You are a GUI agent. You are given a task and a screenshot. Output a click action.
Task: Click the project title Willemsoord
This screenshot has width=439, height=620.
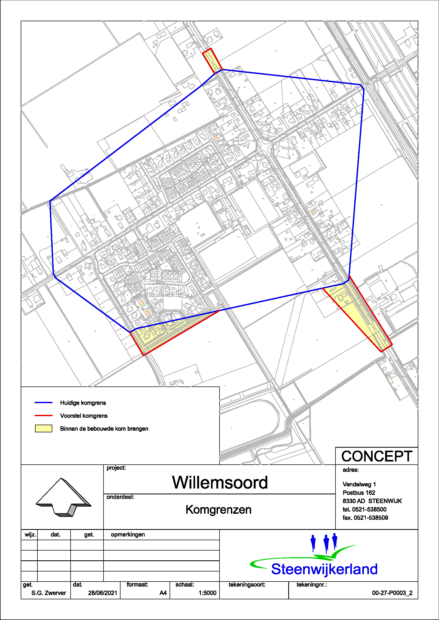[x=220, y=482]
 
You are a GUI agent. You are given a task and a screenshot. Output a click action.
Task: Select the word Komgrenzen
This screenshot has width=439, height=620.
[x=218, y=510]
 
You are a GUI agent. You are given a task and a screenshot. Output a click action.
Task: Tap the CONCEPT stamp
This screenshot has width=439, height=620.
[x=377, y=457]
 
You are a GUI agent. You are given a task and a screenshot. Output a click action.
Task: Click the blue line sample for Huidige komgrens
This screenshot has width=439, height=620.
[x=44, y=403]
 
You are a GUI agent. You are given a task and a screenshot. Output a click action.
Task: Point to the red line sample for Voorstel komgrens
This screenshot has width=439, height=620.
[x=44, y=416]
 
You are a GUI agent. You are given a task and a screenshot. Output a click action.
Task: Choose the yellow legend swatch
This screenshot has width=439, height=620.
[x=44, y=429]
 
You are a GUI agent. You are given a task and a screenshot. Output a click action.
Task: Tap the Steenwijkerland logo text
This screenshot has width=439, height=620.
[x=324, y=569]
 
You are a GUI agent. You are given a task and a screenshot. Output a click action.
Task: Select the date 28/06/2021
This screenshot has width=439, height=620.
[x=102, y=593]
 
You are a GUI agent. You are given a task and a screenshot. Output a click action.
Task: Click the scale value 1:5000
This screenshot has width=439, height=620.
[x=207, y=593]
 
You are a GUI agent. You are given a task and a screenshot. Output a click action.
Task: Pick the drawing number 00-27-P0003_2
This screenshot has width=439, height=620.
[x=392, y=593]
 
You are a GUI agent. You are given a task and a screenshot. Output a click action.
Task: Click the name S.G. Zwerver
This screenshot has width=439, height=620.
[x=49, y=593]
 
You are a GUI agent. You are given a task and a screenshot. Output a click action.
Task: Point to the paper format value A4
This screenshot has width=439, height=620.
[x=163, y=593]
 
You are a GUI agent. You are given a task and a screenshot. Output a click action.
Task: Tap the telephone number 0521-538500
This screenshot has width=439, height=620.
[x=369, y=509]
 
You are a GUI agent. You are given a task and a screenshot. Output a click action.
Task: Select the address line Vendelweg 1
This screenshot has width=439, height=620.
[x=359, y=484]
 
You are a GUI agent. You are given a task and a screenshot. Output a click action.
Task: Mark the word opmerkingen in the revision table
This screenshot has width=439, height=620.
[x=128, y=535]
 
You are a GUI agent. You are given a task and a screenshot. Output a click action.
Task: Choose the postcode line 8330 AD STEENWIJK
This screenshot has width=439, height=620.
[x=372, y=501]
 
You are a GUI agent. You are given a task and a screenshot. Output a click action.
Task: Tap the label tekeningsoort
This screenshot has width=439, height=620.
[x=247, y=585]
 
